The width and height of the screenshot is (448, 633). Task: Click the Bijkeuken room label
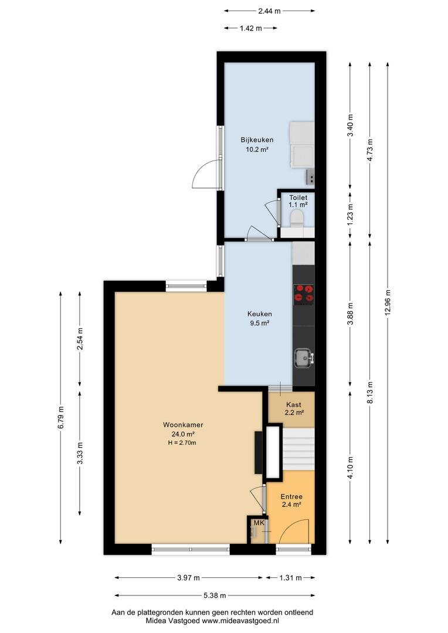click(x=257, y=140)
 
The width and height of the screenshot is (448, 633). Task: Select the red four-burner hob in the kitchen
click(x=304, y=294)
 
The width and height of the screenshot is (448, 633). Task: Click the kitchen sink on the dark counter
click(x=303, y=358)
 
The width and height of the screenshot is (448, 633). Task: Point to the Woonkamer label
click(x=183, y=425)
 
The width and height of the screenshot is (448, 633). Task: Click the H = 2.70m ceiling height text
click(x=182, y=443)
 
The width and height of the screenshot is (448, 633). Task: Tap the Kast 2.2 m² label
click(x=294, y=409)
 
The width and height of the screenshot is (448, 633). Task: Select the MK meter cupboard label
click(x=259, y=523)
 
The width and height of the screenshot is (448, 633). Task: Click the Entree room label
click(x=292, y=496)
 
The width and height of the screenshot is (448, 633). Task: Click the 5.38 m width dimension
click(x=214, y=595)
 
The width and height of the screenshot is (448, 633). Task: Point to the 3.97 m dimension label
click(x=188, y=578)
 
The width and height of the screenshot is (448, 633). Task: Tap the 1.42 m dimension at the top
click(x=250, y=28)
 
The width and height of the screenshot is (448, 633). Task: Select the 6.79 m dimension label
click(x=60, y=417)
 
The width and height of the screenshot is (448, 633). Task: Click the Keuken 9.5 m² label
click(x=259, y=318)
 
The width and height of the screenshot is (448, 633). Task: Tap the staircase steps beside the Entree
click(x=298, y=450)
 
